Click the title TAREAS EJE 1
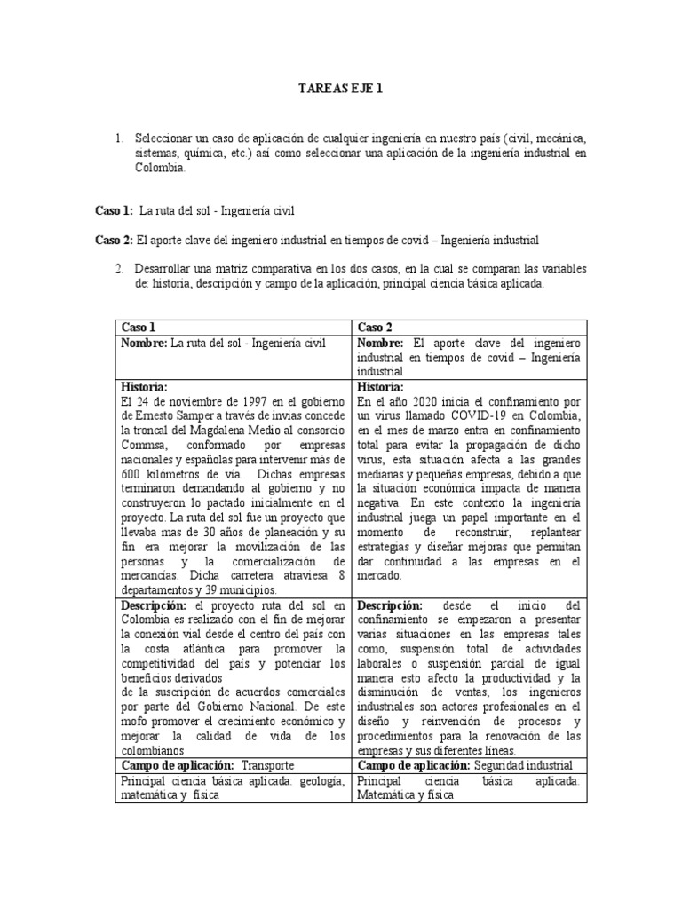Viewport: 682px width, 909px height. (x=340, y=89)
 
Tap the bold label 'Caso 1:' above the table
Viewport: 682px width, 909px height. (x=114, y=210)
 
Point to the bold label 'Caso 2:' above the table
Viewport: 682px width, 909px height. (x=114, y=241)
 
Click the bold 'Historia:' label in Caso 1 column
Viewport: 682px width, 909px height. (x=143, y=387)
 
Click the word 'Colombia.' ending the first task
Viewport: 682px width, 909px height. (x=158, y=168)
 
